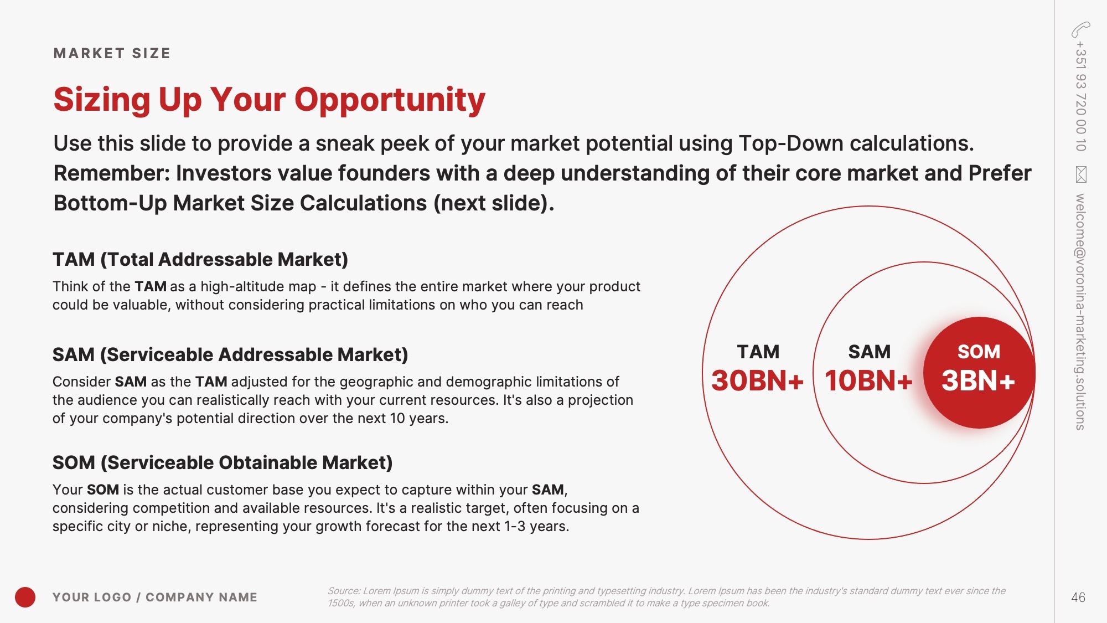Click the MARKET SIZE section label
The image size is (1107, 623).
click(112, 53)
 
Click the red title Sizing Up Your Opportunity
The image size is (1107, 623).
click(269, 100)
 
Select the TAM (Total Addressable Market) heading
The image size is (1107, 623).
click(200, 259)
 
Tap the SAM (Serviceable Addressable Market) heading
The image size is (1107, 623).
click(230, 354)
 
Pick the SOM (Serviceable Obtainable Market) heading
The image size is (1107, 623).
click(223, 462)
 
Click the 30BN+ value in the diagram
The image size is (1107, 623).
click(757, 380)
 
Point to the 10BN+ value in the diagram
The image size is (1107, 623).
click(868, 380)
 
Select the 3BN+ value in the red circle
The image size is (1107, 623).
click(978, 380)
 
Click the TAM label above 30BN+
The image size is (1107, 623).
click(758, 352)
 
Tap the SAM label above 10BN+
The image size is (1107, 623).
click(870, 352)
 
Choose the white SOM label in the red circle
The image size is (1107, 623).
click(979, 352)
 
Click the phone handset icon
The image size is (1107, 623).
click(1080, 29)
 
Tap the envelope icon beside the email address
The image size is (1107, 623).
click(1081, 174)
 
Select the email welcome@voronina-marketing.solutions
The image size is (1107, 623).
click(1080, 312)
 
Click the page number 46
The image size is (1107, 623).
click(1078, 598)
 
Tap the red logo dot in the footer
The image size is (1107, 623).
click(25, 597)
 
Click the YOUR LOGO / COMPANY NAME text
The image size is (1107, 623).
click(155, 597)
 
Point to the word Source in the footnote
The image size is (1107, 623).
click(343, 591)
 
